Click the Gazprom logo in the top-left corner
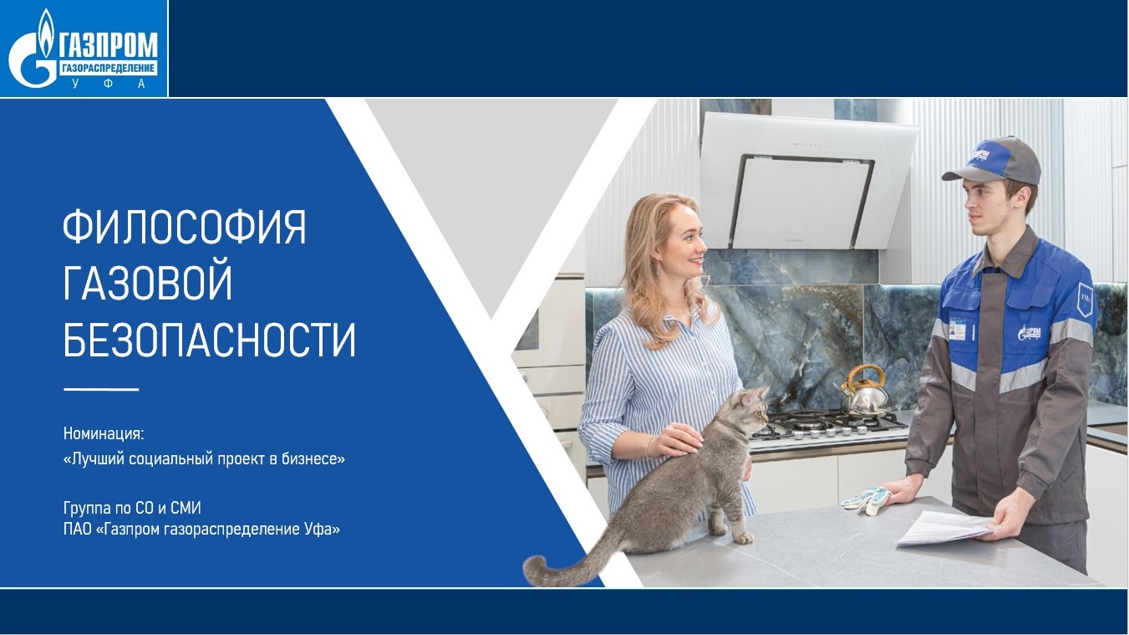[x=84, y=49]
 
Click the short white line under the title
[x=101, y=389]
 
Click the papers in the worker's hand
[x=945, y=527]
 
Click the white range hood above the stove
[x=807, y=182]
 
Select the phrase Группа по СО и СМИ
[x=132, y=508]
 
